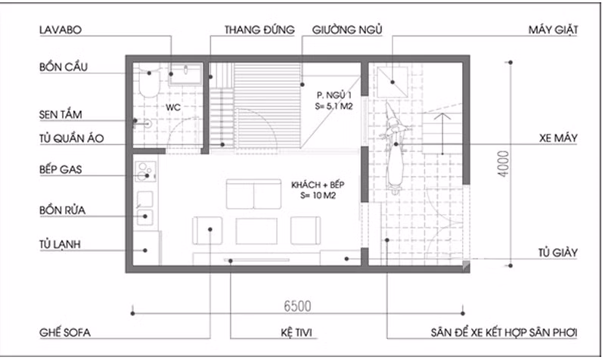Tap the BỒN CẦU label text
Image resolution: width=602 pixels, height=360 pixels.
click(64, 67)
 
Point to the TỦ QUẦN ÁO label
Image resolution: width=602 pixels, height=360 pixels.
click(71, 138)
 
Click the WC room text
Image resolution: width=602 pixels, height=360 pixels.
click(172, 107)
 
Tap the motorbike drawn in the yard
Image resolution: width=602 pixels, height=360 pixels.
click(394, 147)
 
